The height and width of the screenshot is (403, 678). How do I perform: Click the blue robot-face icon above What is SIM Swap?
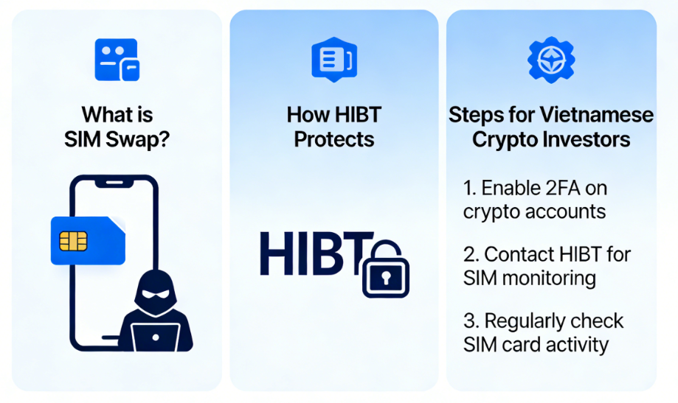tap(117, 60)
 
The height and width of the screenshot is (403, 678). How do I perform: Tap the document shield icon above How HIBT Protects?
tap(334, 60)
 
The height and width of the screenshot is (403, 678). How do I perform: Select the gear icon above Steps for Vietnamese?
tap(551, 60)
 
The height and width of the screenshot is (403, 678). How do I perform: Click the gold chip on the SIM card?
tap(73, 241)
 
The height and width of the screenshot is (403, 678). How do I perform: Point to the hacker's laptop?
tap(155, 337)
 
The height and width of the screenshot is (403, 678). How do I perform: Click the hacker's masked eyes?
tap(156, 294)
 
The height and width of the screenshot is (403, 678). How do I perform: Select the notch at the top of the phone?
tap(114, 183)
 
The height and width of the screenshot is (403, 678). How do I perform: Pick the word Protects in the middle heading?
tap(333, 139)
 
